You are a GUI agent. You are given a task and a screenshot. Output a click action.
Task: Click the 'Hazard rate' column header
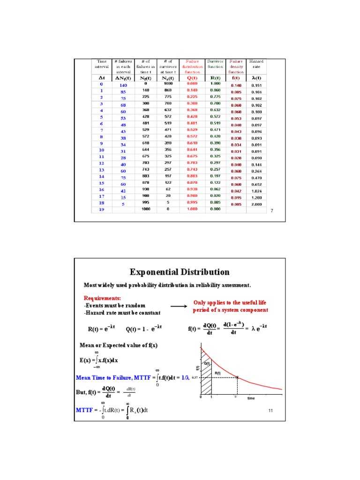256,64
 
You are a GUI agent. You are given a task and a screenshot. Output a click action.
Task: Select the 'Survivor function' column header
216,64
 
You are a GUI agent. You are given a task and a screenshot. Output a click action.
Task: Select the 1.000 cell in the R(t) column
216,83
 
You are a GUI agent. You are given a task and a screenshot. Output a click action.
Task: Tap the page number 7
271,212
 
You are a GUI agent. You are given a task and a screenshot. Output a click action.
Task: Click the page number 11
270,411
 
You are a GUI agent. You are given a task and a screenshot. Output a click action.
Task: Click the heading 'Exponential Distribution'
180,272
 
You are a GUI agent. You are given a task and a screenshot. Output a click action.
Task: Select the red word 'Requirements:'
102,298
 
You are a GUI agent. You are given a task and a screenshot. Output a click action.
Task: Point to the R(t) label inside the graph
217,373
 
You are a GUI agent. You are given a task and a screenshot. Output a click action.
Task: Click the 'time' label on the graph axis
251,398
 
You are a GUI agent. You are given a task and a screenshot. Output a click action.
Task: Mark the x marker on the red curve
238,377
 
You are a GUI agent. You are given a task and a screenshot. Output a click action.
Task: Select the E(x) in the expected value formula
86,360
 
